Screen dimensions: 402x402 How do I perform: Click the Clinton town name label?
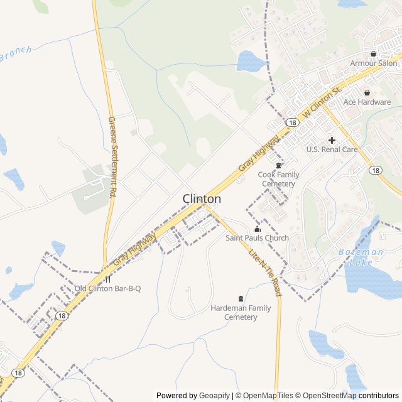pyautogui.click(x=202, y=199)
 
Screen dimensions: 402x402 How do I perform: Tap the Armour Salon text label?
pyautogui.click(x=374, y=63)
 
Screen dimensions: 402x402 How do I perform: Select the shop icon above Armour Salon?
pyautogui.click(x=374, y=53)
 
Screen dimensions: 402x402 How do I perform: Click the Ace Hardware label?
pyautogui.click(x=367, y=102)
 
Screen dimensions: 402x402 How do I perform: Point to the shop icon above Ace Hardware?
pyautogui.click(x=367, y=92)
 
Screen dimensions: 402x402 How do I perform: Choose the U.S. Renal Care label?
pyautogui.click(x=332, y=149)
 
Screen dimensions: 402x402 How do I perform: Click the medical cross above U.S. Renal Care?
pyautogui.click(x=332, y=139)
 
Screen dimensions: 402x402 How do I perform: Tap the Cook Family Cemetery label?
pyautogui.click(x=278, y=179)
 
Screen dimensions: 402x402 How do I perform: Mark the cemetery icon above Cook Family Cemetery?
pyautogui.click(x=279, y=165)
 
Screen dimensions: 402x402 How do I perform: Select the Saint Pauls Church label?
pyautogui.click(x=258, y=238)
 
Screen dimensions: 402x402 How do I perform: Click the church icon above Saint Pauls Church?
pyautogui.click(x=257, y=229)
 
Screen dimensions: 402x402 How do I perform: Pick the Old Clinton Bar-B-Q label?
pyautogui.click(x=107, y=289)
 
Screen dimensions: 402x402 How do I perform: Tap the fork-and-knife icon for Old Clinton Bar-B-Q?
pyautogui.click(x=108, y=279)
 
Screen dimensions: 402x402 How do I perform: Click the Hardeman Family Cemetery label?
pyautogui.click(x=241, y=313)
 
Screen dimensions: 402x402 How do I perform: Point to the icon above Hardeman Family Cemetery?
pyautogui.click(x=241, y=298)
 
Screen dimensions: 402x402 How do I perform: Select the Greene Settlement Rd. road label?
pyautogui.click(x=113, y=158)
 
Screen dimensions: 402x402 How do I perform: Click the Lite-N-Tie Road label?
pyautogui.click(x=266, y=273)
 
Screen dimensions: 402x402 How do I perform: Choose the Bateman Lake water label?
pyautogui.click(x=360, y=256)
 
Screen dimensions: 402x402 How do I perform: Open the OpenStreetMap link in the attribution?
pyautogui.click(x=326, y=396)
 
